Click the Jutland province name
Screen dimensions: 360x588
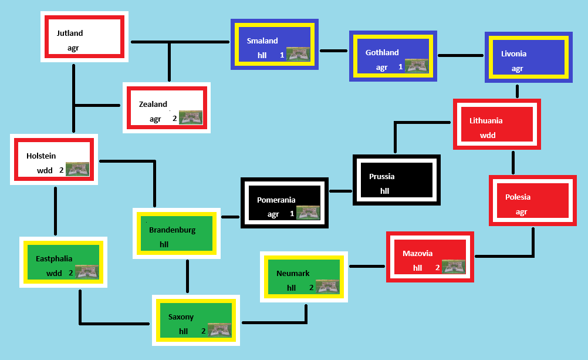pos(70,33)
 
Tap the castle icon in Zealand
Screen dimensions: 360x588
pos(190,117)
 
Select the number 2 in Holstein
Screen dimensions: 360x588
pos(61,170)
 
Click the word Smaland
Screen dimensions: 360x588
pos(262,41)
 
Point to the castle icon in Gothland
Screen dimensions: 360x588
pos(416,66)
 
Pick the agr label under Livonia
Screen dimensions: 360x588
pos(517,69)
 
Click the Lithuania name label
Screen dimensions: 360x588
pos(486,121)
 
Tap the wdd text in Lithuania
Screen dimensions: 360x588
pos(488,136)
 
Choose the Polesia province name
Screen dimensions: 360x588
pos(518,197)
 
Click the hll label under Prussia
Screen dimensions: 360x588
pos(385,191)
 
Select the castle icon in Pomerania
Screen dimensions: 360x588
pos(308,213)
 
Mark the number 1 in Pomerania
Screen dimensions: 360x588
pos(292,214)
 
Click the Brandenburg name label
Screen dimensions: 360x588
pos(172,230)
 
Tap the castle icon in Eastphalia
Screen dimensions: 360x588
pos(87,271)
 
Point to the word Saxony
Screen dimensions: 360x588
pos(181,317)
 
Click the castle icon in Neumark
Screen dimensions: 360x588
pos(327,287)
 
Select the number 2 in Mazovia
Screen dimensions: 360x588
pos(437,268)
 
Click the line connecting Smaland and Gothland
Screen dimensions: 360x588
pos(333,51)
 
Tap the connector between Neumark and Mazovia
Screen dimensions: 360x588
pos(367,267)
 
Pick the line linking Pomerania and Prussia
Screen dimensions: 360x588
pos(340,191)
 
